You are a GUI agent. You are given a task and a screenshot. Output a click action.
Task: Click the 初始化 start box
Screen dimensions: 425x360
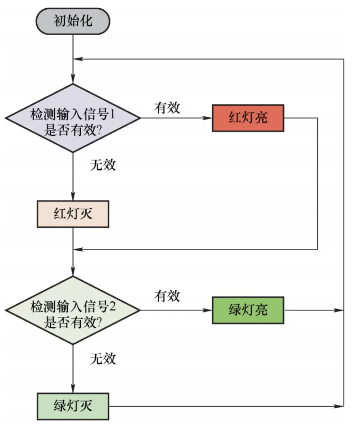(x=73, y=21)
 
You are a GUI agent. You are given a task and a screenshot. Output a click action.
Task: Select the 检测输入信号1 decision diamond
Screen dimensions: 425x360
(x=73, y=118)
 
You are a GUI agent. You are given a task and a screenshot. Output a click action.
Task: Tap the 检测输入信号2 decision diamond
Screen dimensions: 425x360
(x=73, y=310)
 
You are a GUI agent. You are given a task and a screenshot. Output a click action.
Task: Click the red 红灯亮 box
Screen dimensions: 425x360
(x=248, y=118)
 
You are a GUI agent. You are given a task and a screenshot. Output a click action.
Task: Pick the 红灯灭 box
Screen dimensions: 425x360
(x=73, y=214)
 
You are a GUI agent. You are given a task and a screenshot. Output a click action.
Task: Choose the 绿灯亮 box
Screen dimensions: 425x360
(x=248, y=310)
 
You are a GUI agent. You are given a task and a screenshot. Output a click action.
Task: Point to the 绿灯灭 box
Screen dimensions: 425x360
(x=73, y=406)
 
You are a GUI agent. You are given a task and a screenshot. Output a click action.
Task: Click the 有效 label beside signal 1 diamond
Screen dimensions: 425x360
(x=167, y=108)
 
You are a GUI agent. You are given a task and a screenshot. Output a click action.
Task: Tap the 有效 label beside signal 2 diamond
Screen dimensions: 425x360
(x=167, y=296)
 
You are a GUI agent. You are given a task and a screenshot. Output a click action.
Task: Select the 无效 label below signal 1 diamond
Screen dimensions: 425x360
(x=103, y=165)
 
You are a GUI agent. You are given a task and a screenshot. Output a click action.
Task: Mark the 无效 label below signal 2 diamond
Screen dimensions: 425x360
(x=103, y=359)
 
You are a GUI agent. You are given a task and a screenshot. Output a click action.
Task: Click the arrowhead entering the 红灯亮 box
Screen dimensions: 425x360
(x=208, y=118)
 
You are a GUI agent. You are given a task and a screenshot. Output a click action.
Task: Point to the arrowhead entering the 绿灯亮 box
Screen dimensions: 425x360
(x=208, y=310)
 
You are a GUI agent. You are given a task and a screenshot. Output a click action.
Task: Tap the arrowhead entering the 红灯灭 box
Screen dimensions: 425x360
(x=73, y=197)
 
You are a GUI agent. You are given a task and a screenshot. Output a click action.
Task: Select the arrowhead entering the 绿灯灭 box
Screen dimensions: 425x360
(x=73, y=389)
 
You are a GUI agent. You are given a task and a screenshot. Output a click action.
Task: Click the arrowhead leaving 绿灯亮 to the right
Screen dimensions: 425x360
(x=340, y=310)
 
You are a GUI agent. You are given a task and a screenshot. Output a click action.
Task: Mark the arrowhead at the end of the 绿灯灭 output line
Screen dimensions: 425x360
(x=340, y=406)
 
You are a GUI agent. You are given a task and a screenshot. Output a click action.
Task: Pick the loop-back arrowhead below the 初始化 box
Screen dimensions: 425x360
(x=78, y=59)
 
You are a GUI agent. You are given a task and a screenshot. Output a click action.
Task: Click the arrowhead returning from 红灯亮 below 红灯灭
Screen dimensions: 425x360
(x=78, y=249)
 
